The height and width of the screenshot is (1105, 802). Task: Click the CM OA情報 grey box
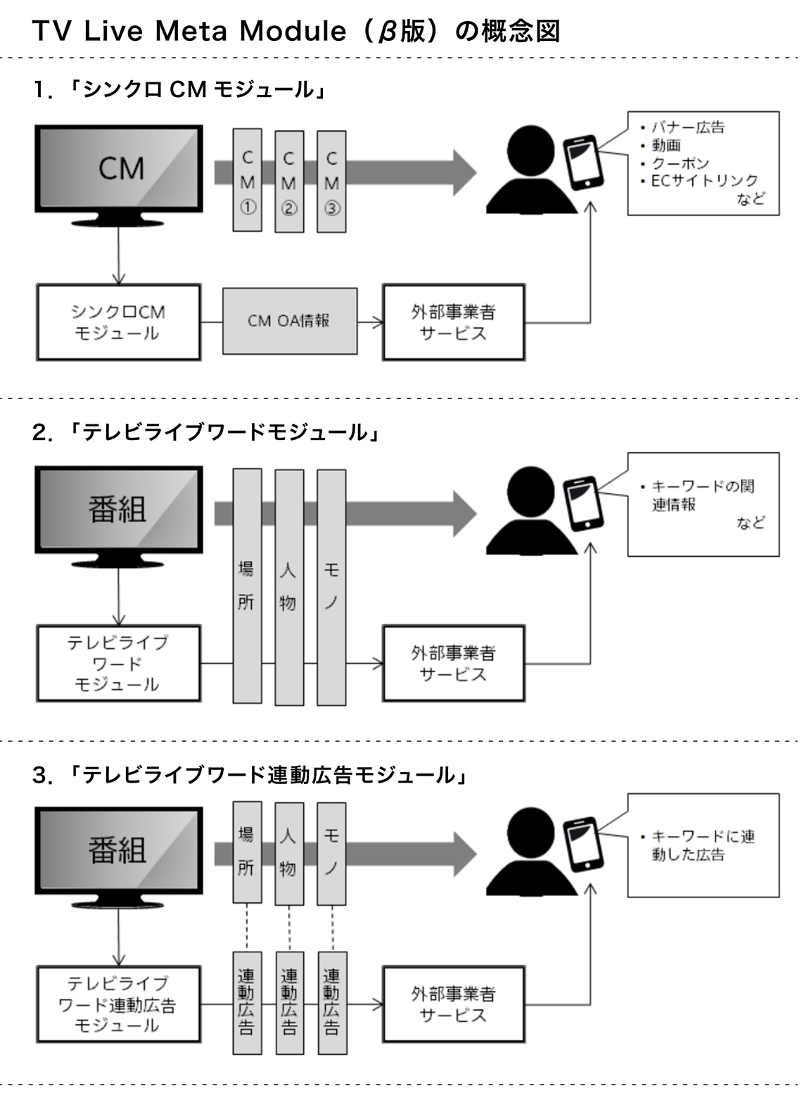pos(289,321)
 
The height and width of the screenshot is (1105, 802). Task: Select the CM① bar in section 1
pos(248,180)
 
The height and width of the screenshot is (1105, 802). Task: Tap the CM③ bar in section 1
pos(332,180)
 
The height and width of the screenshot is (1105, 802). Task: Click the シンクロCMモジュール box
pos(118,322)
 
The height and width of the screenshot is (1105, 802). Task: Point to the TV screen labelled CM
pos(119,168)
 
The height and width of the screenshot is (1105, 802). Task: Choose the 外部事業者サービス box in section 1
pos(453,322)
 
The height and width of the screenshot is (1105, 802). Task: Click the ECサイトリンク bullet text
pos(704,181)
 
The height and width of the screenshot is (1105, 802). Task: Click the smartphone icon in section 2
pos(584,504)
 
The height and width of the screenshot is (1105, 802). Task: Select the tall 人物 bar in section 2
pos(289,587)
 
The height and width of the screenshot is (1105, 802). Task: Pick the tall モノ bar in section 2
pos(332,587)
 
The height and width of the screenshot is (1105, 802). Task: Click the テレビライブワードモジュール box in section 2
pos(118,664)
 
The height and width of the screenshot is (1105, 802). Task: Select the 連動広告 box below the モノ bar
pos(332,1003)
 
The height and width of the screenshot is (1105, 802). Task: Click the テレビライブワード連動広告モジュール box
pos(118,1004)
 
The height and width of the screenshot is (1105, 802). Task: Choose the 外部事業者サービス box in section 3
pos(453,1004)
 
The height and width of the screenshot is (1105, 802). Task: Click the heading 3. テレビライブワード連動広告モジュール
pos(250,775)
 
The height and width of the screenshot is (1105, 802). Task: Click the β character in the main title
pos(386,32)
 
